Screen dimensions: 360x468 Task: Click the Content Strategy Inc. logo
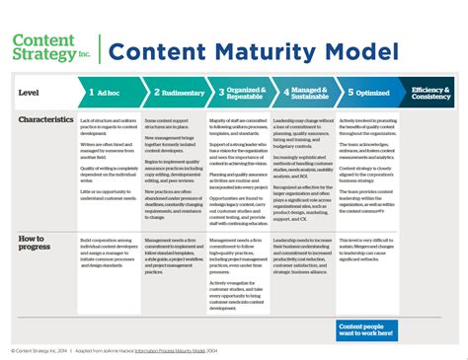pos(49,47)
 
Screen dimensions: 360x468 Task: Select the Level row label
pos(29,93)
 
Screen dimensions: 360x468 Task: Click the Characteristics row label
pos(45,120)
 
